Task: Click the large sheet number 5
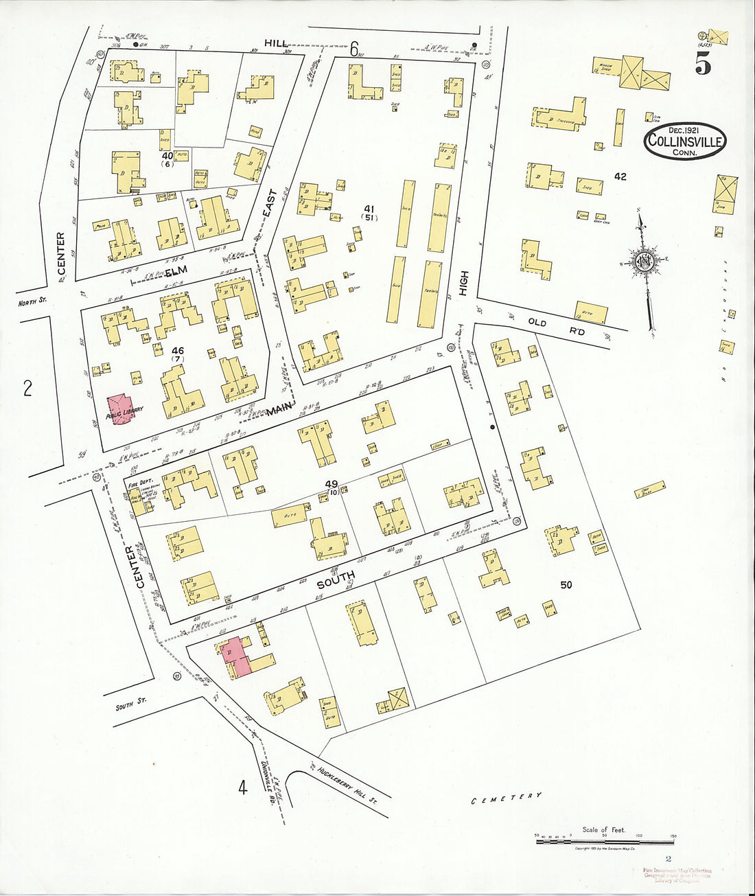703,64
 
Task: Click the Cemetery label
507,798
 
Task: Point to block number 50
566,585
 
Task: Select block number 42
620,176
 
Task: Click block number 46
178,351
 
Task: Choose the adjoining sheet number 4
242,787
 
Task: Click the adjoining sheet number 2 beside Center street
27,389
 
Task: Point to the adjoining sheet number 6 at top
354,49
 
